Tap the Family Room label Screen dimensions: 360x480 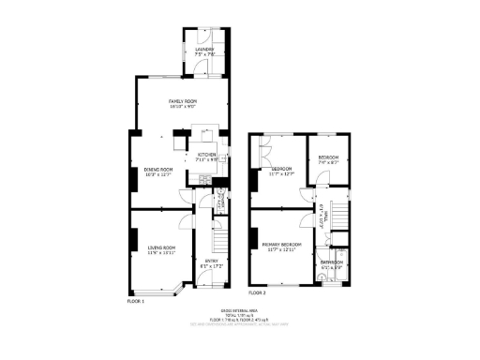(x=183, y=100)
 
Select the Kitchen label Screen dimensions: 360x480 (x=207, y=155)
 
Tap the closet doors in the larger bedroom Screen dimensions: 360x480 (x=263, y=150)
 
